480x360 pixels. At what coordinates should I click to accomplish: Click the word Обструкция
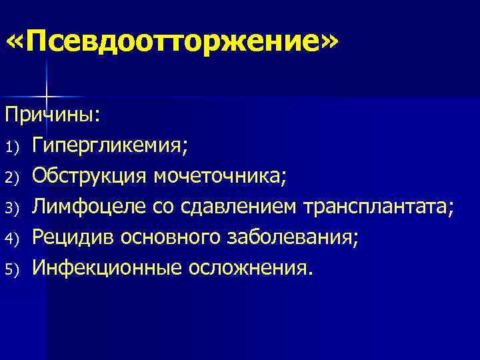(91, 176)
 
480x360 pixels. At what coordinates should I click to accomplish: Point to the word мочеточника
(219, 176)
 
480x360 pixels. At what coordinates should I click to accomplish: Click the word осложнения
(249, 267)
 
